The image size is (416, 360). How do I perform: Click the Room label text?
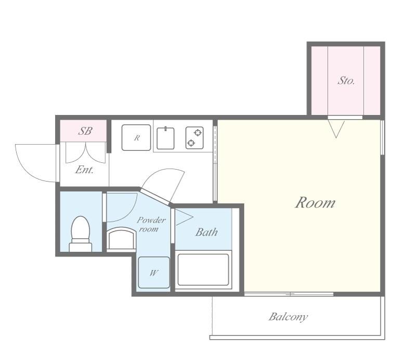315,202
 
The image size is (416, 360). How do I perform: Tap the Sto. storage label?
346,80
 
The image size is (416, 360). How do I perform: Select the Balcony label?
288,317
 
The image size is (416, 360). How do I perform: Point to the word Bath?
206,232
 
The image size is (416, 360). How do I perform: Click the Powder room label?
151,224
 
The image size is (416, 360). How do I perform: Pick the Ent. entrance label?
84,170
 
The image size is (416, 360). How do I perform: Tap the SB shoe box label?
85,131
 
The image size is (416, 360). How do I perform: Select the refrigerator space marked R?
136,137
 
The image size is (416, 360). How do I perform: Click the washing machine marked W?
154,273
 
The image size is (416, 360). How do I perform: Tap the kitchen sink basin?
165,138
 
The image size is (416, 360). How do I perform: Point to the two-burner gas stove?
194,138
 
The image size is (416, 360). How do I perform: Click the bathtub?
203,269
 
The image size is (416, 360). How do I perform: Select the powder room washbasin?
121,238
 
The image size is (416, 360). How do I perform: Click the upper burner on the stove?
198,133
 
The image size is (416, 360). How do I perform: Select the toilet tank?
81,247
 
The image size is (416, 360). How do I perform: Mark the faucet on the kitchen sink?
165,128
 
